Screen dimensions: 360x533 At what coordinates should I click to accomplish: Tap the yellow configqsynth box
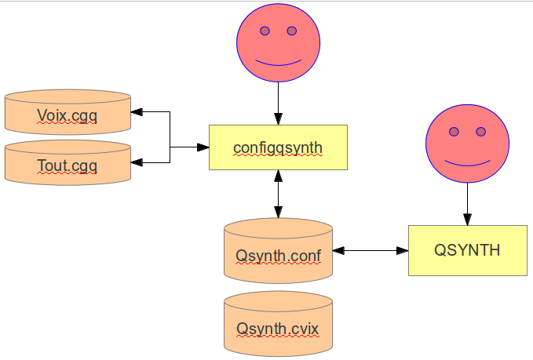278,147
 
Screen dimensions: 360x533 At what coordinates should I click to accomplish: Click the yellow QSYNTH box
467,250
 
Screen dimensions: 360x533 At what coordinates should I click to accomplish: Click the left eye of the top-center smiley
265,31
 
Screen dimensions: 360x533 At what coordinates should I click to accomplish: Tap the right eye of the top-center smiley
292,31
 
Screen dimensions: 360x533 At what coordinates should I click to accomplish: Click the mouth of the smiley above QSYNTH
467,162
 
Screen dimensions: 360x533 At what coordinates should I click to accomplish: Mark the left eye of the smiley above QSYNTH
454,132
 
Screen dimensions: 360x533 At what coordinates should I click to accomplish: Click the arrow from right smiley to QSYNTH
467,204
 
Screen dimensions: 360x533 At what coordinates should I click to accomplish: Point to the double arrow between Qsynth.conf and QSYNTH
370,251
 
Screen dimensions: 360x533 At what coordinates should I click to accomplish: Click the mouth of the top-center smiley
279,63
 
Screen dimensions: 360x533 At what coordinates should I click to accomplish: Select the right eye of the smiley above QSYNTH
480,132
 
